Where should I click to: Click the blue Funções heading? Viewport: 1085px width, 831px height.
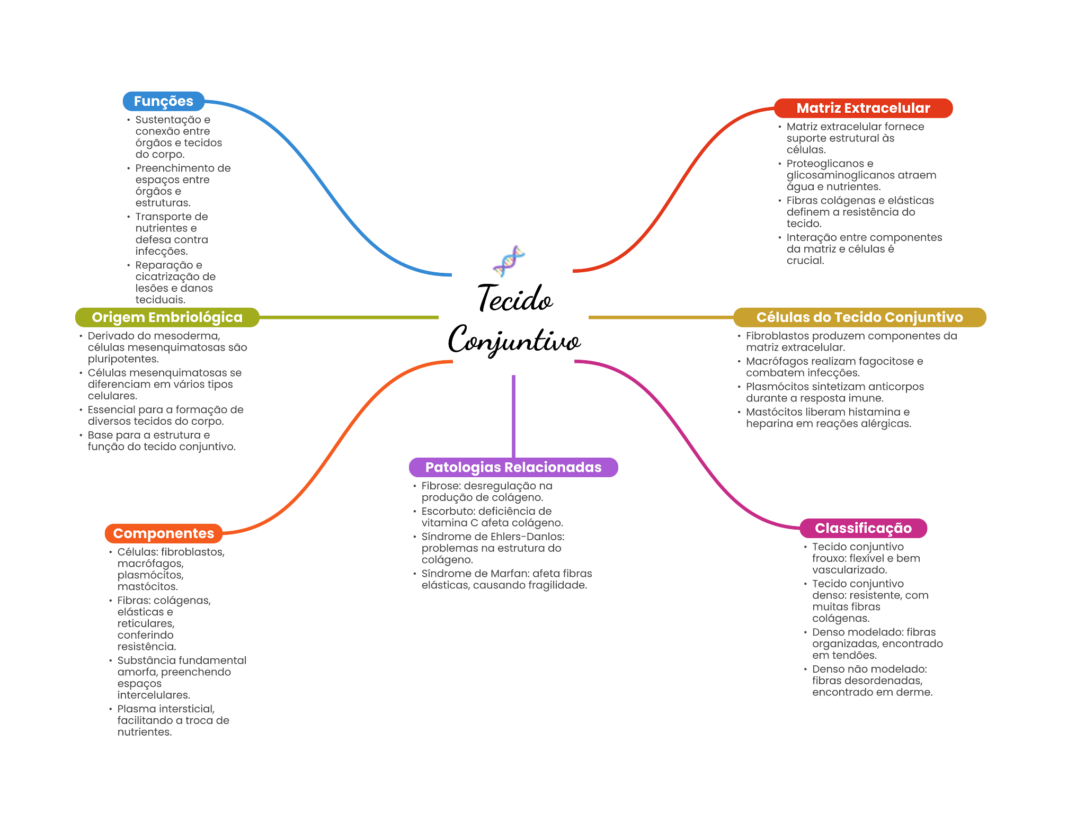click(163, 101)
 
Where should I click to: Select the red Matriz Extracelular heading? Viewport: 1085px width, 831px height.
click(863, 108)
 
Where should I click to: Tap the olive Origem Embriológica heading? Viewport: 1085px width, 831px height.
click(167, 317)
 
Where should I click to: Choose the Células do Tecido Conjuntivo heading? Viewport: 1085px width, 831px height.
click(859, 317)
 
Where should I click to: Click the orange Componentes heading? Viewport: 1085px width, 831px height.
click(163, 533)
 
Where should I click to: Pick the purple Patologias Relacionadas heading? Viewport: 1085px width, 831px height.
click(513, 468)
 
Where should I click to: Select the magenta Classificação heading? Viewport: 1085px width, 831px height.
click(863, 528)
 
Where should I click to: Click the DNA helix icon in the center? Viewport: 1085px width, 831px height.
click(509, 261)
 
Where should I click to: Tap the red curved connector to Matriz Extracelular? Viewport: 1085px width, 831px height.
click(683, 175)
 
